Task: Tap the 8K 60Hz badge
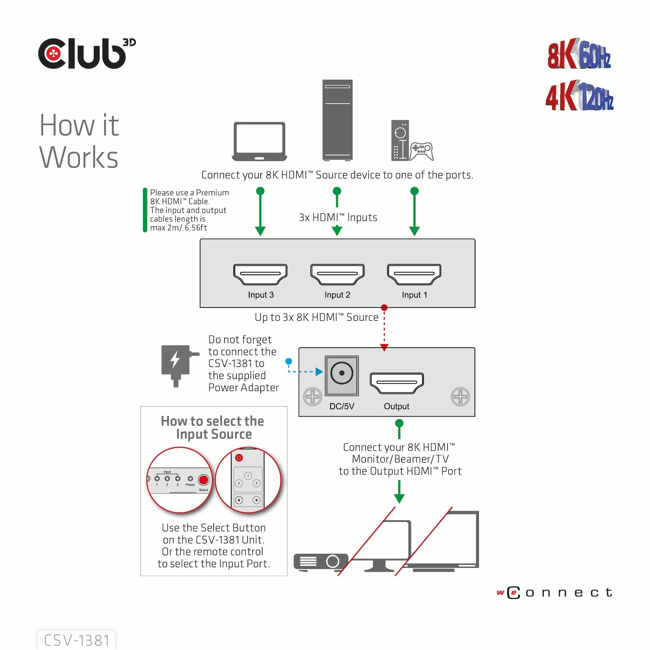[x=579, y=55]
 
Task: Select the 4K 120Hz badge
[x=579, y=97]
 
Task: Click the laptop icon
[x=259, y=141]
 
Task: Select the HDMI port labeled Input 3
[x=260, y=274]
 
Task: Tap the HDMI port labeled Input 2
[x=337, y=274]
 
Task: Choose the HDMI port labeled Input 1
[x=414, y=274]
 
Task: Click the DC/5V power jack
[x=341, y=374]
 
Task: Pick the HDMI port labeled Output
[x=396, y=383]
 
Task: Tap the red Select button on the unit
[x=203, y=479]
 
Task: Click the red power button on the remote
[x=239, y=457]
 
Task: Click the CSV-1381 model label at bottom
[x=77, y=640]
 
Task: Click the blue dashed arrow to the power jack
[x=305, y=371]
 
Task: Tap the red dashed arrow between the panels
[x=384, y=328]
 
